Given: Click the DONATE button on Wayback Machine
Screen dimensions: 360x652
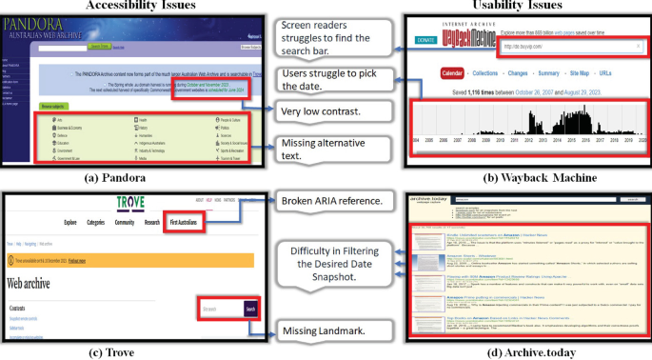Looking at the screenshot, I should [x=425, y=41].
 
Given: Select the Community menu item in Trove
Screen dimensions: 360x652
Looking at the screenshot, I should [x=126, y=222].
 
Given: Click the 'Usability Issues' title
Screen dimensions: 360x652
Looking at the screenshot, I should [x=519, y=6].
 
